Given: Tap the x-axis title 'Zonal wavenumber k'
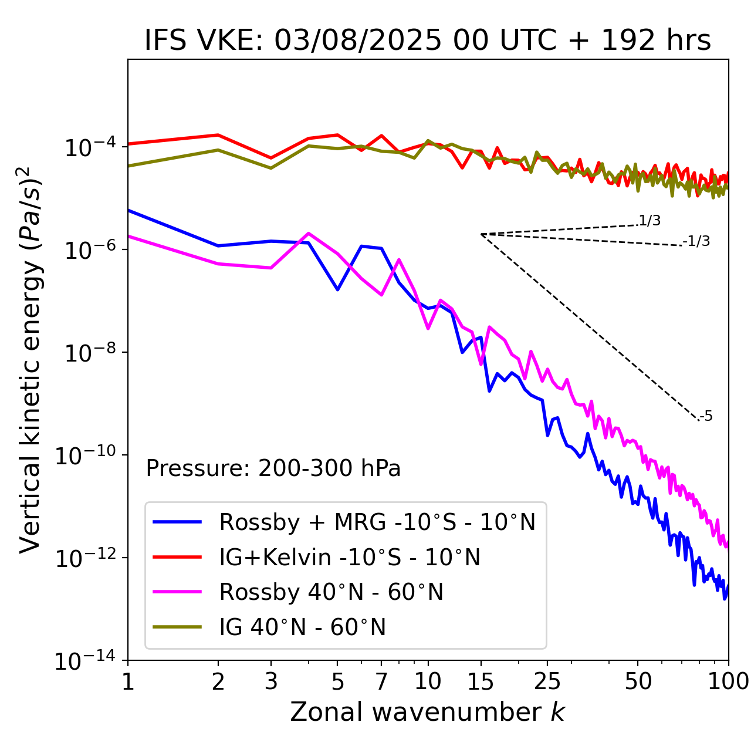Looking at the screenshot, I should tap(428, 711).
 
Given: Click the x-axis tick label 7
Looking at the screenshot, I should tap(381, 681).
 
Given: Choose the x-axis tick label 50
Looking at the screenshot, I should tap(638, 681).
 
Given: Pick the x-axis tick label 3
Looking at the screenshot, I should tap(271, 681).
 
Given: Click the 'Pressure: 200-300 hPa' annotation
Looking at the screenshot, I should tap(273, 468).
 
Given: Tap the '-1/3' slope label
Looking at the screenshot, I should tap(697, 241).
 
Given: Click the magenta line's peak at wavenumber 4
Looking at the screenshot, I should tap(309, 233).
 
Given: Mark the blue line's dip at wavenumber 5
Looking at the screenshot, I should tap(337, 289).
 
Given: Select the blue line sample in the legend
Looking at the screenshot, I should tap(177, 522).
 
